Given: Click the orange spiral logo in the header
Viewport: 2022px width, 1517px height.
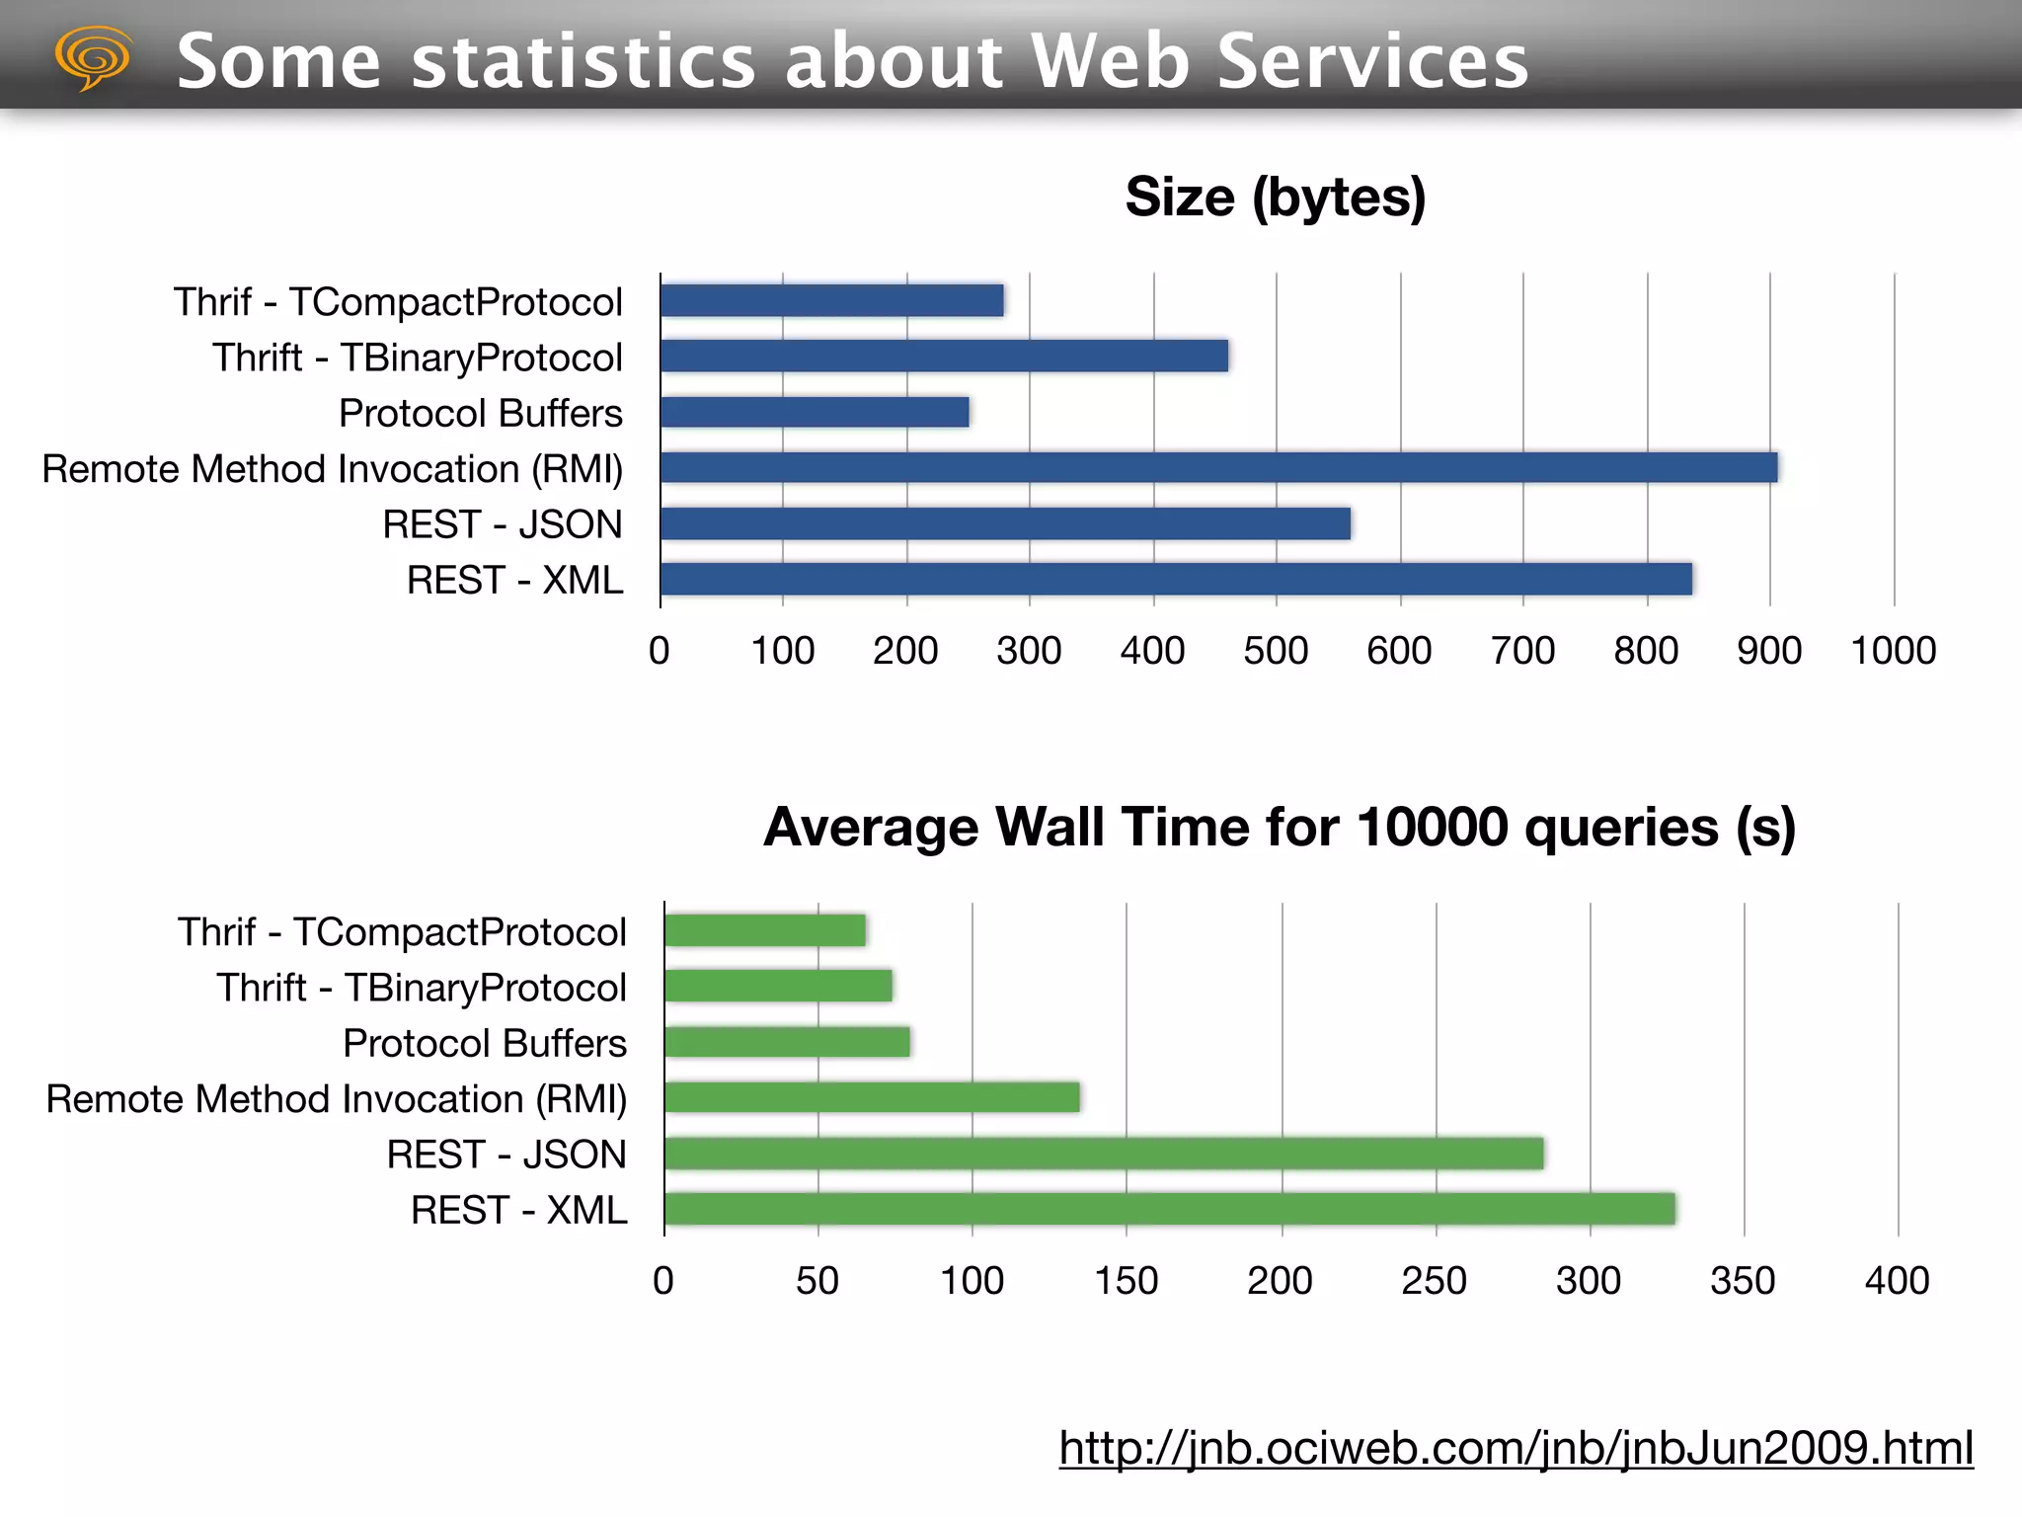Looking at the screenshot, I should (x=93, y=57).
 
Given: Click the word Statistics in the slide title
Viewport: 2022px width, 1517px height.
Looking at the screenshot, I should (x=583, y=61).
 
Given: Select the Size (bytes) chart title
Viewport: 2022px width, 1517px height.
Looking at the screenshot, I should (x=1275, y=198).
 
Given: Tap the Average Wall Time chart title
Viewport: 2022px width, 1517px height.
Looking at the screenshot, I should (x=1279, y=827).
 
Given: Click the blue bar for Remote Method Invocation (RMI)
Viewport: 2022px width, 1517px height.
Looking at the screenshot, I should (x=1218, y=467).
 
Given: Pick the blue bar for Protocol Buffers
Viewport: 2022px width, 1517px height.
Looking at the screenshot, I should (x=815, y=412).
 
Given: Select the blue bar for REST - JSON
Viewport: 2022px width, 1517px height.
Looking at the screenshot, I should (x=1005, y=523).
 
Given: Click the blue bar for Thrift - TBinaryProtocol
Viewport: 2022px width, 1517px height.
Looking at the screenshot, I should (x=944, y=356).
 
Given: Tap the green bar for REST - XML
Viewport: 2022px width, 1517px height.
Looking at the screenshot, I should (x=1169, y=1209).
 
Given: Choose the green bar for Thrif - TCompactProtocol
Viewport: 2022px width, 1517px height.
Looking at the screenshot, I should (x=764, y=930).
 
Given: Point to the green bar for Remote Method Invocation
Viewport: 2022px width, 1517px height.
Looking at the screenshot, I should (x=872, y=1097).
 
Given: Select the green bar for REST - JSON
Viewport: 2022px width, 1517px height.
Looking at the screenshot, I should (x=1103, y=1154).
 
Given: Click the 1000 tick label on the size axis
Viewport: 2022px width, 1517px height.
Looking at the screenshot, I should (x=1893, y=651).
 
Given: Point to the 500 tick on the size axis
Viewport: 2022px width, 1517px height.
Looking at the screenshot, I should (x=1276, y=651).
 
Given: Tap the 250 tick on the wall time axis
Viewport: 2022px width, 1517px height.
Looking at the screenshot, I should (x=1434, y=1281).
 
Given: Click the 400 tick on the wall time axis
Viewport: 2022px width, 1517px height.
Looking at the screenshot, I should (x=1897, y=1281).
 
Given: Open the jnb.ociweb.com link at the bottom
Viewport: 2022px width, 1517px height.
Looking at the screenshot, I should (x=1516, y=1448).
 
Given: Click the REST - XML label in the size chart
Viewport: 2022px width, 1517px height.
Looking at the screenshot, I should (x=514, y=581).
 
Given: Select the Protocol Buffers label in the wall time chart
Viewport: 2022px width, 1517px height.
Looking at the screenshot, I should (x=484, y=1044).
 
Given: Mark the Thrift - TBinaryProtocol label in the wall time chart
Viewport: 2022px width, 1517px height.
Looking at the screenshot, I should (x=422, y=988).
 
